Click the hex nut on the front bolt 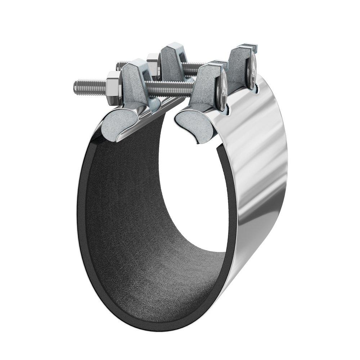114,86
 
